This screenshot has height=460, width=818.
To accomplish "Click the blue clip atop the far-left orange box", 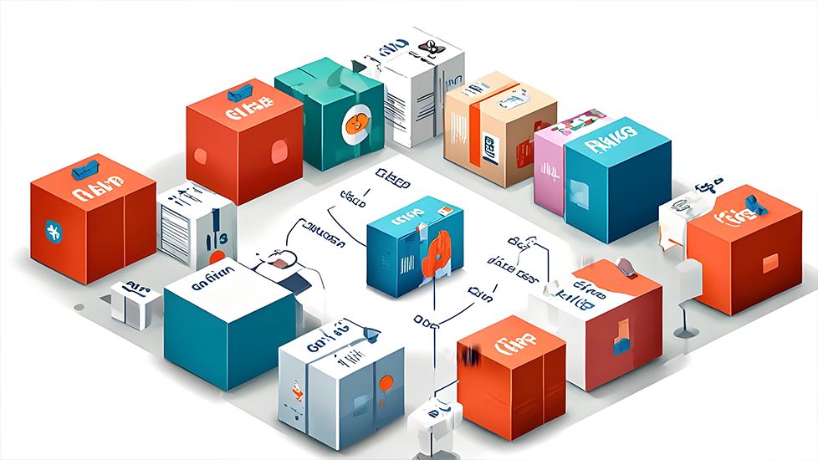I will (x=85, y=169).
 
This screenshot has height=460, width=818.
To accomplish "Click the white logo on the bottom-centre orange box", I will (x=509, y=342).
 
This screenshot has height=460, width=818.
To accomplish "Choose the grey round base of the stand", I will (x=686, y=333).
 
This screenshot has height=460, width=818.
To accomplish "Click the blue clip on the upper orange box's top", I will (x=242, y=91).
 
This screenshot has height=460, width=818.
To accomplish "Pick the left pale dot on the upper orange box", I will (x=201, y=156).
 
